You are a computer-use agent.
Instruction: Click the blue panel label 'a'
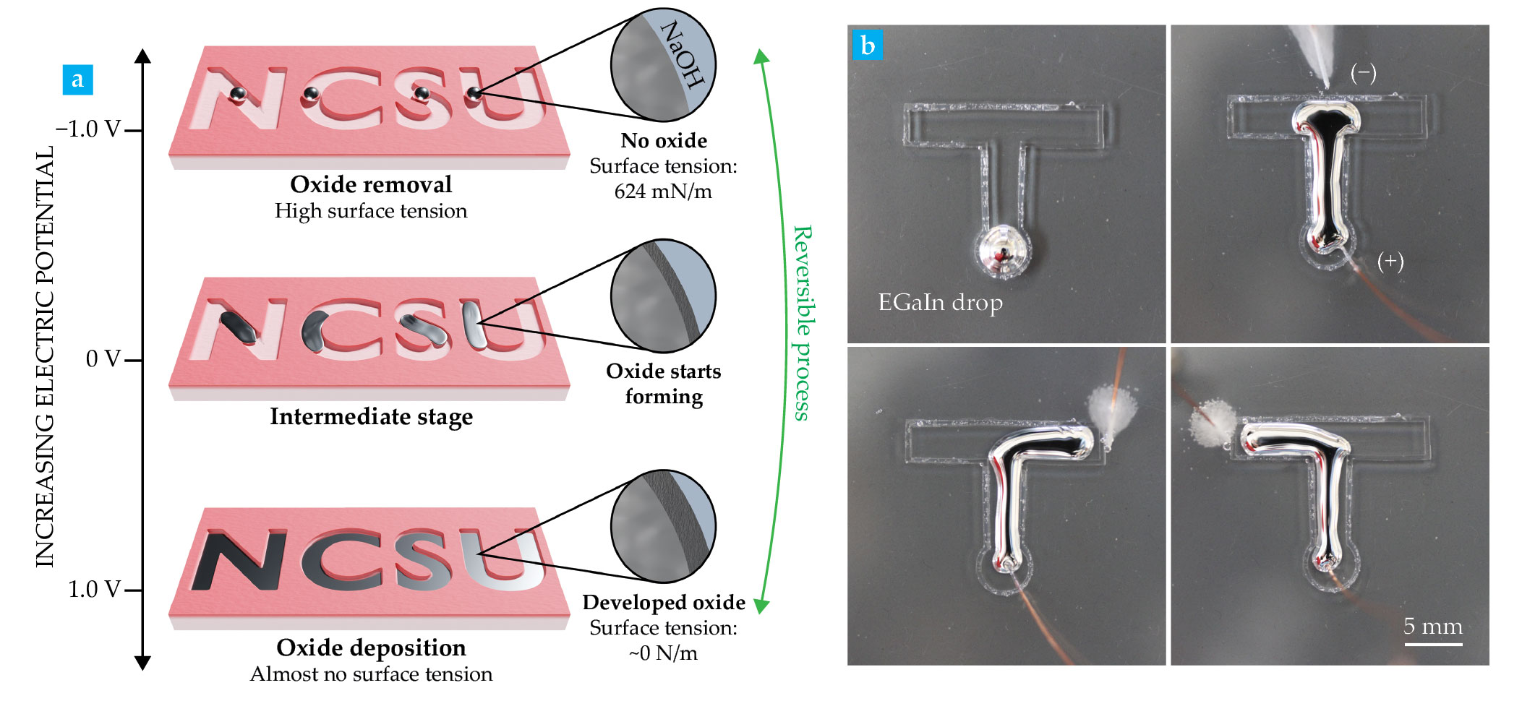(x=77, y=79)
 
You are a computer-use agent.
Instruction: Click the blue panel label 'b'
(x=868, y=45)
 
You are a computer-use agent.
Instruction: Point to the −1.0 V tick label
(x=88, y=129)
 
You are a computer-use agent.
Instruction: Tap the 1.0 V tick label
(x=94, y=590)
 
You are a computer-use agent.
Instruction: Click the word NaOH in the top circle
(x=682, y=54)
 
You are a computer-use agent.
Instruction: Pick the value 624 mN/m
(x=663, y=192)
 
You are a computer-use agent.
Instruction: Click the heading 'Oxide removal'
(x=371, y=184)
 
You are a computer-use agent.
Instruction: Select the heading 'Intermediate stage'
(x=371, y=416)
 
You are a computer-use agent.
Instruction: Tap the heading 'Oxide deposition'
(x=371, y=648)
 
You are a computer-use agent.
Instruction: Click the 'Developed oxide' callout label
(x=663, y=602)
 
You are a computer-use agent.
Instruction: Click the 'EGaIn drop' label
(x=940, y=302)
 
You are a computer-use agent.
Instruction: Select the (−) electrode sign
(x=1363, y=73)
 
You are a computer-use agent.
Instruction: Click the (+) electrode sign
(x=1390, y=261)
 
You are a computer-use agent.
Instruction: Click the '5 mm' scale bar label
(x=1432, y=626)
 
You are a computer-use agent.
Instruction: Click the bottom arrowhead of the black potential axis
(x=142, y=662)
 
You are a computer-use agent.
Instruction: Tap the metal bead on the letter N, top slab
(x=238, y=94)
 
